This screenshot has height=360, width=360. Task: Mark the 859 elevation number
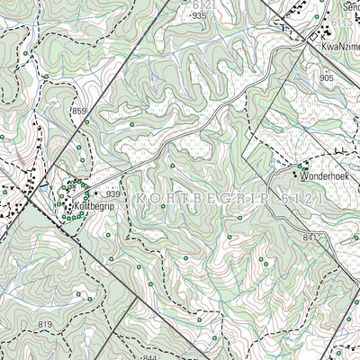click(x=79, y=111)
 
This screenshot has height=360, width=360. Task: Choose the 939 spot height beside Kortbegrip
click(x=113, y=194)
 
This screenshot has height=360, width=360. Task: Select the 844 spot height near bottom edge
click(x=149, y=356)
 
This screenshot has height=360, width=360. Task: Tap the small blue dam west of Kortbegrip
click(x=42, y=190)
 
